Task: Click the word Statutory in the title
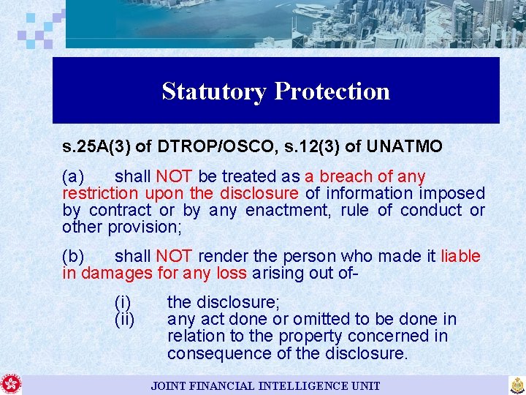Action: [x=215, y=91]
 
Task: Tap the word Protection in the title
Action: [x=332, y=91]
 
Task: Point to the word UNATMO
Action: [x=405, y=147]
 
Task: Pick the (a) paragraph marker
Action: [x=74, y=176]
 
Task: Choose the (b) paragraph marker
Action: [x=74, y=256]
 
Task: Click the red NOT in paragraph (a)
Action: [x=174, y=176]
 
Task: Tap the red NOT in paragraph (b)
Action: [x=174, y=256]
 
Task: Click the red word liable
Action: [x=460, y=256]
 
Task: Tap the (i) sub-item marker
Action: [x=123, y=301]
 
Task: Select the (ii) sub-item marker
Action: [x=125, y=319]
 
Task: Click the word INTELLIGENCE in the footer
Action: [x=289, y=385]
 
